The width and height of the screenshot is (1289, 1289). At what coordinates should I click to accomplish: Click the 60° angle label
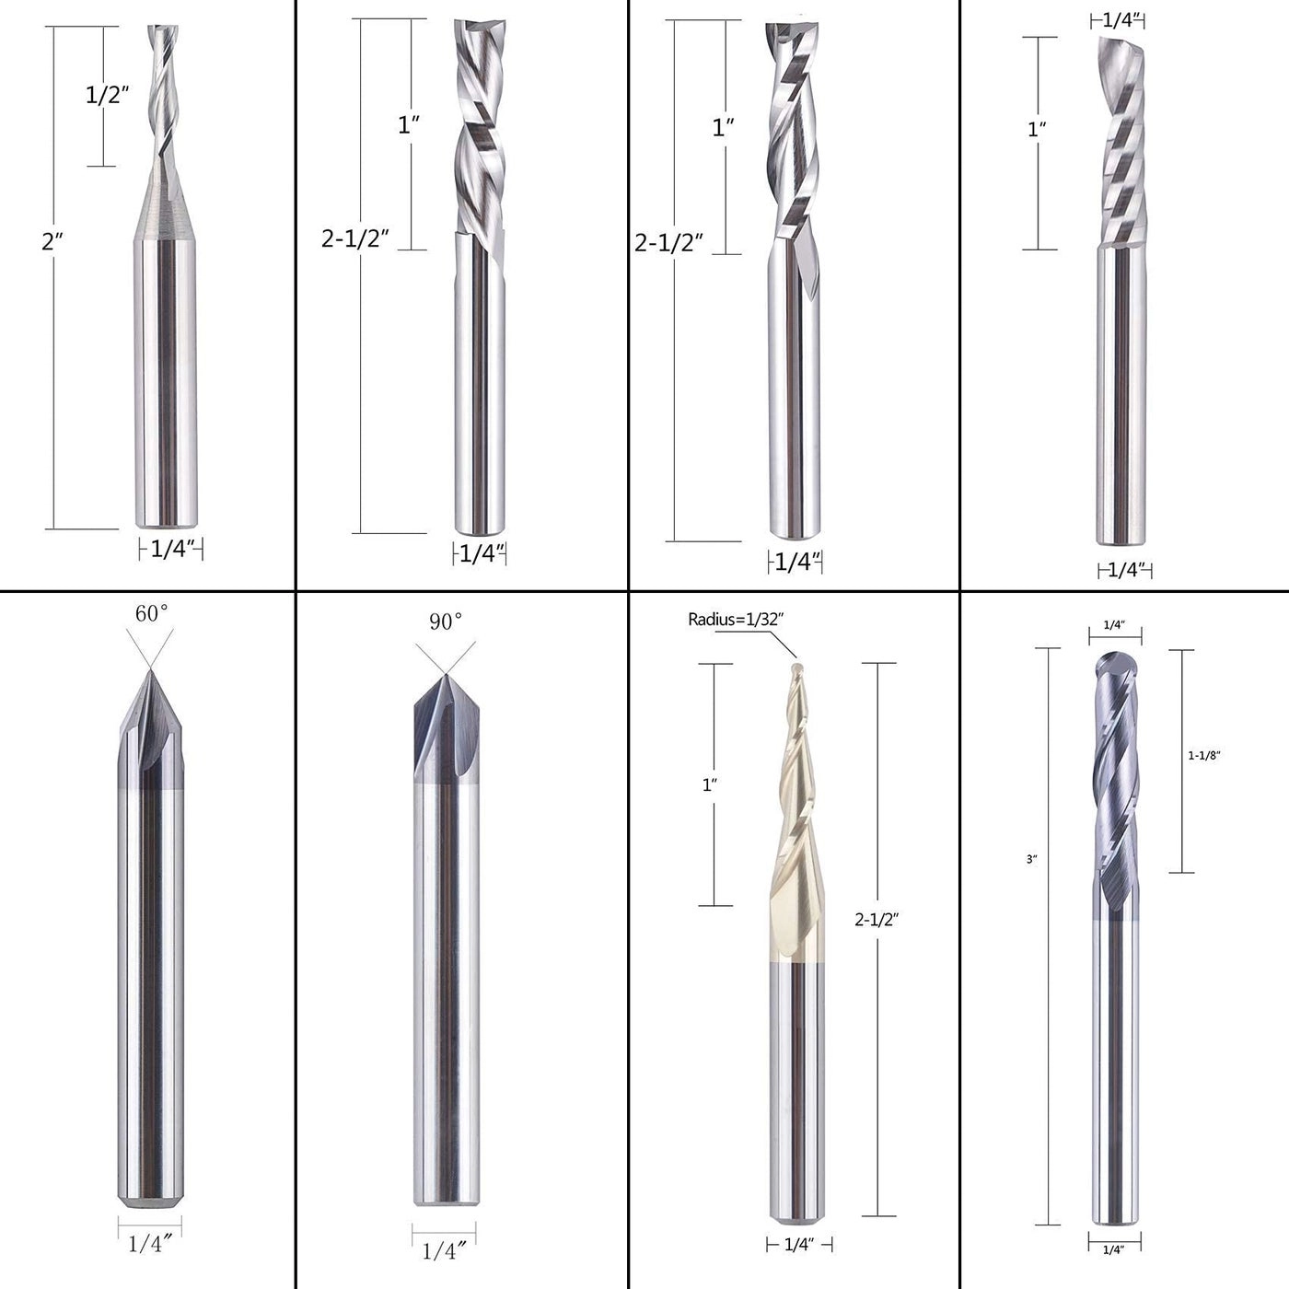(x=152, y=613)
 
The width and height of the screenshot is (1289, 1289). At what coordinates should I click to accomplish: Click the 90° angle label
(x=445, y=622)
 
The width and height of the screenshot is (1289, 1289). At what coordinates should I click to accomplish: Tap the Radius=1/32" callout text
(x=735, y=620)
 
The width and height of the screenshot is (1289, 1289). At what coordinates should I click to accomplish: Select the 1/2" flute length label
(x=107, y=94)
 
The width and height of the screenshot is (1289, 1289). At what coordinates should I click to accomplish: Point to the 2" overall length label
(x=52, y=242)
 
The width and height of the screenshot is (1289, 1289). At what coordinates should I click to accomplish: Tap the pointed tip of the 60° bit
(x=150, y=671)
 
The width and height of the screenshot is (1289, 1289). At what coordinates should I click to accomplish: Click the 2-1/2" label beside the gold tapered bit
(x=876, y=919)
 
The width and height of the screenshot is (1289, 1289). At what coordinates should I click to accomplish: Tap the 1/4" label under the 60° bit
(x=151, y=1244)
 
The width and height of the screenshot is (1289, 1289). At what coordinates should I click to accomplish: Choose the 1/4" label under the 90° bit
(x=445, y=1251)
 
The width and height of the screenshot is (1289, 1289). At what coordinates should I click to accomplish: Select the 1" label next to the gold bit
(x=709, y=784)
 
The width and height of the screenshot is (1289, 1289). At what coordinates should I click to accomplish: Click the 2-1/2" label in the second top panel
(x=355, y=238)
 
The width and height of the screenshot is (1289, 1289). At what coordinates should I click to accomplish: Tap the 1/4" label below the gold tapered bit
(x=799, y=1245)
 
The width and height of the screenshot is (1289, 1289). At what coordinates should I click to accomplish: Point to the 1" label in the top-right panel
(x=1037, y=130)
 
